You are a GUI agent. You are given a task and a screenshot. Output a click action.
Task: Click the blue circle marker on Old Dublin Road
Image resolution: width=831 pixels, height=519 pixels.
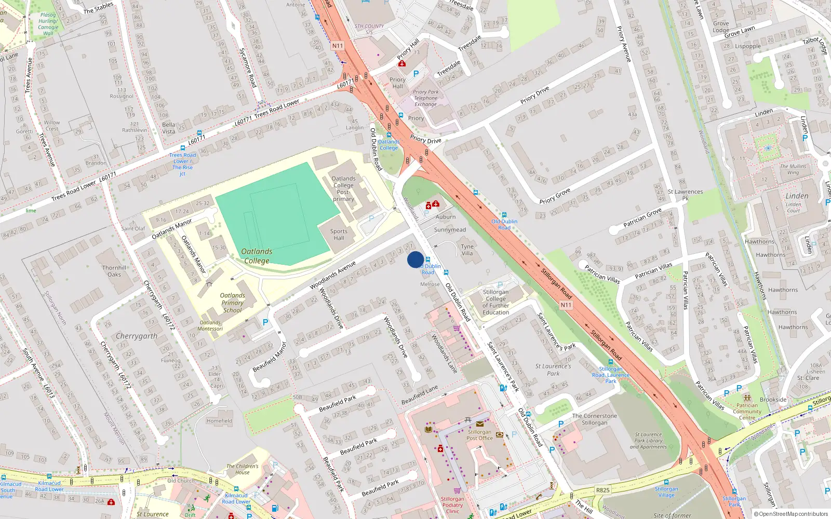click(x=415, y=259)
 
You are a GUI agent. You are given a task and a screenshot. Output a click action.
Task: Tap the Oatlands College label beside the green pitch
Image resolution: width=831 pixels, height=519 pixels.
click(x=257, y=256)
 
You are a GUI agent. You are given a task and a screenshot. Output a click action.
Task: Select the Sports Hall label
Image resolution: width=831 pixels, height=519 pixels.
click(x=339, y=235)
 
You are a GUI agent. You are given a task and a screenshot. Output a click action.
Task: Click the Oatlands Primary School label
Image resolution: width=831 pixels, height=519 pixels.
click(x=232, y=303)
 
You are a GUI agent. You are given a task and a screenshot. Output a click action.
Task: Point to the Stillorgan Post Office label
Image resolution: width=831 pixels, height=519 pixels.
click(x=479, y=435)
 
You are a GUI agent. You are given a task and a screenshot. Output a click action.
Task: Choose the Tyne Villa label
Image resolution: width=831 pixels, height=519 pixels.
click(x=467, y=250)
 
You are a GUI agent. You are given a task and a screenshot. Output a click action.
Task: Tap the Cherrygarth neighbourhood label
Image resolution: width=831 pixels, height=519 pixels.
click(x=136, y=336)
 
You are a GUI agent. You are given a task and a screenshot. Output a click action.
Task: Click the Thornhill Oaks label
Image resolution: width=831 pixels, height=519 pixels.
click(x=114, y=271)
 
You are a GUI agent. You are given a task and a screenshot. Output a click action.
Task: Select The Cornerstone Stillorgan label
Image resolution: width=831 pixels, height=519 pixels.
click(x=595, y=419)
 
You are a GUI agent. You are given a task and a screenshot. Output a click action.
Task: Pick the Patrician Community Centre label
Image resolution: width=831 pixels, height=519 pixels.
click(x=747, y=412)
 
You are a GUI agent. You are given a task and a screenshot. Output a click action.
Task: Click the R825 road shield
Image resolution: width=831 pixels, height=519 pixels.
click(x=602, y=490)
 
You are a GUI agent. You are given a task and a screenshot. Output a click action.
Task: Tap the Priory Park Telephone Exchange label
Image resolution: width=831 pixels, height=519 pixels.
click(x=425, y=98)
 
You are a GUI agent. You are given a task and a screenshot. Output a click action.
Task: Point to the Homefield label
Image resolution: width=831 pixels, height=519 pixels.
click(x=219, y=421)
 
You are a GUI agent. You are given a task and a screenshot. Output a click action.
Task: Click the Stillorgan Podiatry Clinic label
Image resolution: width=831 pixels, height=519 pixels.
click(x=452, y=505)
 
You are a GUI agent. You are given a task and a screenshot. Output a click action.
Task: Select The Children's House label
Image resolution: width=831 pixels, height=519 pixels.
click(x=242, y=469)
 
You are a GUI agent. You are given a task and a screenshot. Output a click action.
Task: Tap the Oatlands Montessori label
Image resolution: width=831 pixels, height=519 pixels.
click(x=210, y=325)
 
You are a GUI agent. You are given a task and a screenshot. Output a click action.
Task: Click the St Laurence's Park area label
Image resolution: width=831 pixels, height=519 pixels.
click(x=553, y=370)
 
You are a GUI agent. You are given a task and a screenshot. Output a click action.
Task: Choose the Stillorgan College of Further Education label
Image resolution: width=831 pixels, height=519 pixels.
click(x=495, y=302)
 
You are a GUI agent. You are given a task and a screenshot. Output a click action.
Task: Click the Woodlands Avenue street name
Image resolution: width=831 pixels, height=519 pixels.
click(x=332, y=276)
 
